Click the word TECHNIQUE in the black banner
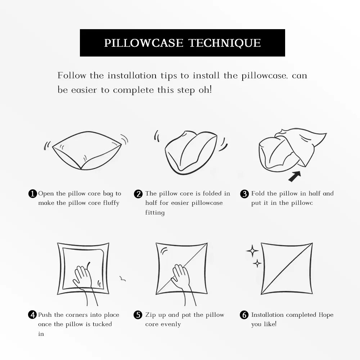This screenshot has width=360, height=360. [225, 43]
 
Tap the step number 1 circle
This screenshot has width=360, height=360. [32, 194]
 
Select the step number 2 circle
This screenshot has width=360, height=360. [138, 194]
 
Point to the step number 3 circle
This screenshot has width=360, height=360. [244, 194]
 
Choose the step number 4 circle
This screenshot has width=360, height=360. [32, 315]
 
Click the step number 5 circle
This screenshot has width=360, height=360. [138, 315]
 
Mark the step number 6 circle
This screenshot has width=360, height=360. [244, 315]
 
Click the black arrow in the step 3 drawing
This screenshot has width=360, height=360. [294, 176]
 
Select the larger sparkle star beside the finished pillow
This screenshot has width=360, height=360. [252, 251]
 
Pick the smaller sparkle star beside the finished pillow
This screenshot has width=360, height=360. [257, 264]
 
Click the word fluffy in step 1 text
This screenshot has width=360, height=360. [111, 203]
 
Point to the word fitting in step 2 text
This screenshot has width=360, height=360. [155, 213]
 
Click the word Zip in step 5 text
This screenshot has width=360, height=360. [150, 315]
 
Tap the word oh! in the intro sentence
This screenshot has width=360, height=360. [205, 90]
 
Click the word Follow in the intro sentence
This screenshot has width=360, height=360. [72, 76]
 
